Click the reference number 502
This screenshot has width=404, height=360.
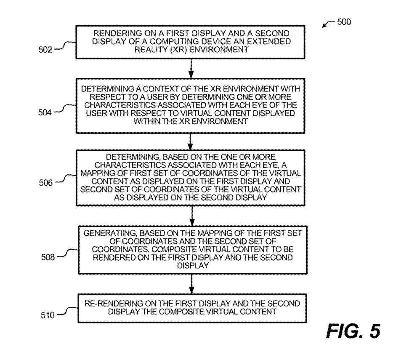(x=45, y=49)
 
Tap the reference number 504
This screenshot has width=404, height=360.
(x=45, y=112)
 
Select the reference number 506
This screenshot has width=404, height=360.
(x=46, y=183)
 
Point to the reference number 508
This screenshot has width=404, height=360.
(x=48, y=257)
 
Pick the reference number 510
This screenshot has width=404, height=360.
(x=48, y=315)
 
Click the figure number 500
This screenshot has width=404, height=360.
(x=344, y=21)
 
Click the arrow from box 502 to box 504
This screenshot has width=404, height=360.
(x=191, y=68)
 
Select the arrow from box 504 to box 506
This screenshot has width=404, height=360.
(x=190, y=141)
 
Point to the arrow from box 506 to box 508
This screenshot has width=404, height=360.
(x=192, y=216)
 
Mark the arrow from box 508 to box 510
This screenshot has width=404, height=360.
(x=191, y=284)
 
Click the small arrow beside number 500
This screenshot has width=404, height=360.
(x=329, y=24)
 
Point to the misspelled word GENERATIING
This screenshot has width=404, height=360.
(x=111, y=233)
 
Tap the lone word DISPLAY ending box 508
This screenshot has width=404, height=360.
(x=193, y=266)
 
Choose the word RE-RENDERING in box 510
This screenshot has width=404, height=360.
(x=114, y=304)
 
